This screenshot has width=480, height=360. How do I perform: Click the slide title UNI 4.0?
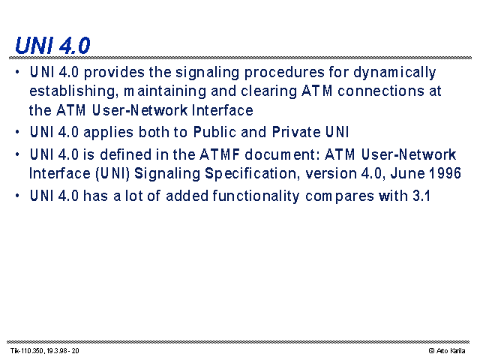52,45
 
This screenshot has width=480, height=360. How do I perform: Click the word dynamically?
394,73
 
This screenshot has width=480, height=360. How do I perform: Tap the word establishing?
73,91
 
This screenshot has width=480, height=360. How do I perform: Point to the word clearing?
268,91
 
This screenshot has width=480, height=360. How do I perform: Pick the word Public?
214,132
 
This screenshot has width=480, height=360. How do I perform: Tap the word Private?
296,132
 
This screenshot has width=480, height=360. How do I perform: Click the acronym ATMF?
220,154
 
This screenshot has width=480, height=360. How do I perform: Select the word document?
282,154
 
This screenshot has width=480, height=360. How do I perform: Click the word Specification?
252,173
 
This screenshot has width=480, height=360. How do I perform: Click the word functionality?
256,196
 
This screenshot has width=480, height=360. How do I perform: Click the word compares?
340,196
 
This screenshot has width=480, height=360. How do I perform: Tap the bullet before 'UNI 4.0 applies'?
17,132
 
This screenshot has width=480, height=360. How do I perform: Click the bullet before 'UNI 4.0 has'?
17,195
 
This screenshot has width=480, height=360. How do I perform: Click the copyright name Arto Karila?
451,351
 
